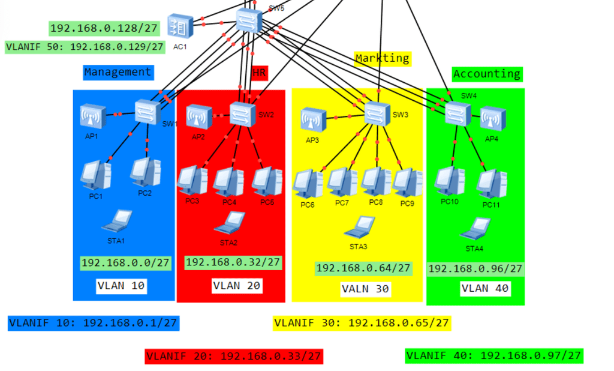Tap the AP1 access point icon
tap(94, 116)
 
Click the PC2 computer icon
tap(146, 172)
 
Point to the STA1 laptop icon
tap(117, 221)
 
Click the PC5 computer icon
tap(266, 181)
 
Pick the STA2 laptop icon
tap(229, 223)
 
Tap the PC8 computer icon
tap(376, 181)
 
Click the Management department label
tap(118, 72)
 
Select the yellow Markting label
tap(383, 58)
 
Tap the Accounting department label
tap(487, 74)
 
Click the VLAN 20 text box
tap(237, 286)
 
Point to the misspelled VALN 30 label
tap(366, 289)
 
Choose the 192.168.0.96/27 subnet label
tap(475, 269)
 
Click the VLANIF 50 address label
tap(85, 47)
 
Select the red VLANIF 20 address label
tap(234, 356)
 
